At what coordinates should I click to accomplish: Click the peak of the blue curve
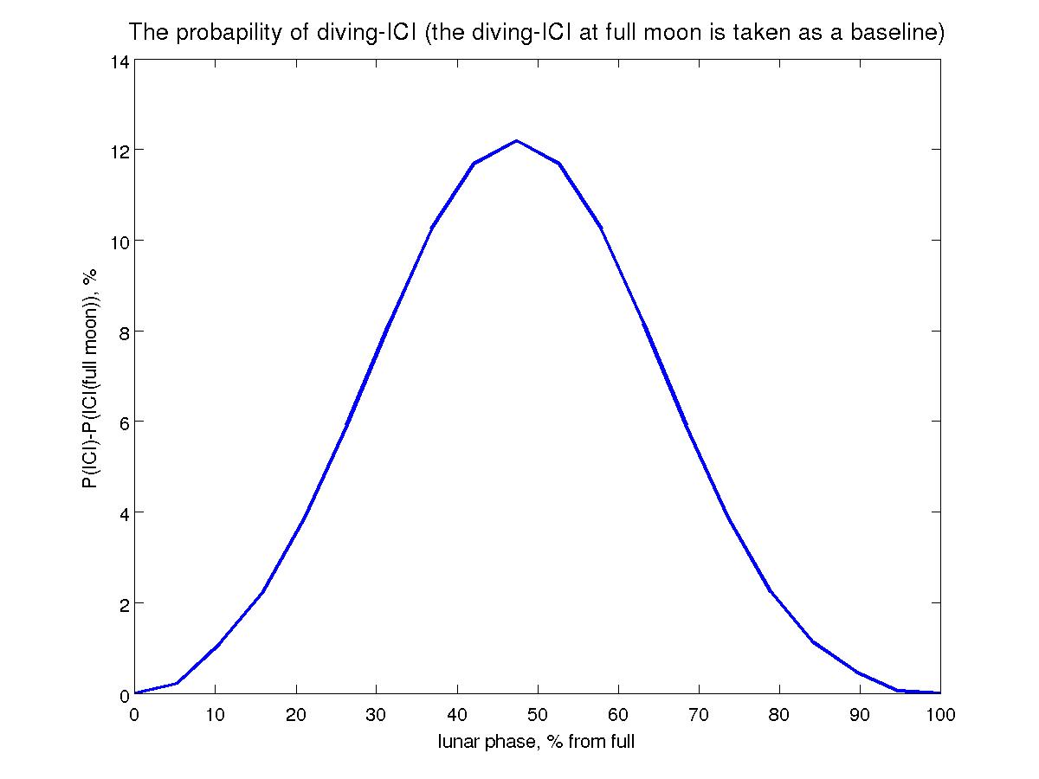(517, 140)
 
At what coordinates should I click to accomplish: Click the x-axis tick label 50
(538, 714)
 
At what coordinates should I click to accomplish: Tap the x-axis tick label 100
(940, 714)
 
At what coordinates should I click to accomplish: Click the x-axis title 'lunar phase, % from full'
(537, 741)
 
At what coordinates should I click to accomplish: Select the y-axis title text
(89, 377)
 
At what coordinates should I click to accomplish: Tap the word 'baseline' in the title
(898, 33)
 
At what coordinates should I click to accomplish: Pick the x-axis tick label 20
(296, 714)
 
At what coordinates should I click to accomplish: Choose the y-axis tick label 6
(123, 422)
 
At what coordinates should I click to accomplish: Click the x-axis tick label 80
(779, 714)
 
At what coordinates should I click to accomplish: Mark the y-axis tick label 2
(123, 604)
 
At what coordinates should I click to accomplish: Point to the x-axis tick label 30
(377, 714)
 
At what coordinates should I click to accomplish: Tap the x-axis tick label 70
(699, 714)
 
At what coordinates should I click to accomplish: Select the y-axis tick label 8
(123, 332)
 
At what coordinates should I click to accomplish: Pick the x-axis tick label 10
(216, 714)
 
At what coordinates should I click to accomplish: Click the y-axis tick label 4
(123, 513)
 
